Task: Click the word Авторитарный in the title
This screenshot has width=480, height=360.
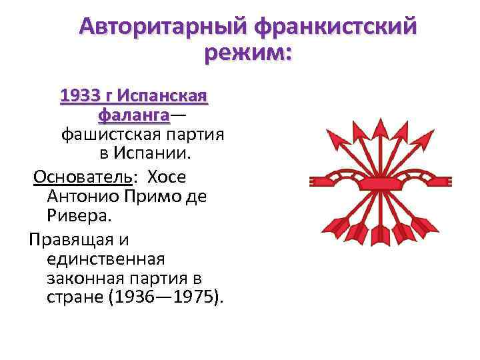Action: (161, 27)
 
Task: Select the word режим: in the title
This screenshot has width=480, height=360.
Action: (248, 53)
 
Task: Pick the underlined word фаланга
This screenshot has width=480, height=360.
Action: (133, 115)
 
